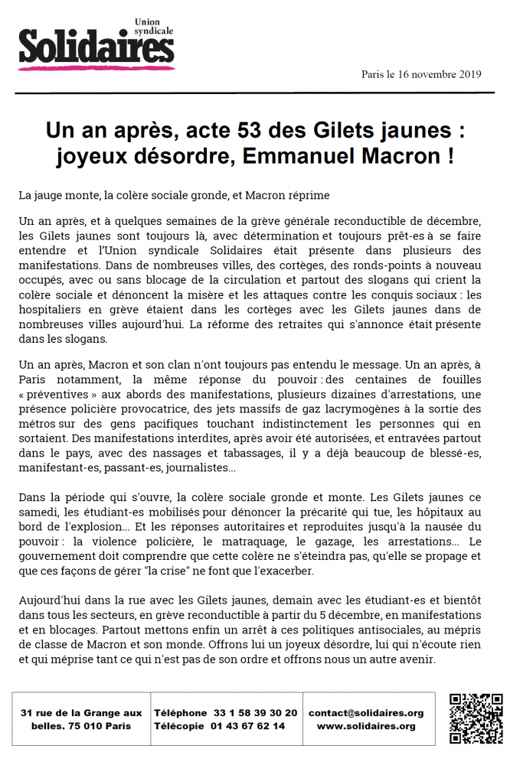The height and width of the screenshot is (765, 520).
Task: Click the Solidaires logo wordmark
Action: point(96,47)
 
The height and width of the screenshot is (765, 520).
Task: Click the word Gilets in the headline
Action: point(349,131)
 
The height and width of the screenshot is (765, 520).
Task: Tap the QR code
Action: point(476,718)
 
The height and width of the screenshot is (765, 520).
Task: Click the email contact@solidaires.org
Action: point(366,712)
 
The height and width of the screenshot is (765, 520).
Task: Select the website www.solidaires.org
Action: point(366,726)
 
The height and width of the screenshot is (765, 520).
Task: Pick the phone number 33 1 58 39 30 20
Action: point(257,712)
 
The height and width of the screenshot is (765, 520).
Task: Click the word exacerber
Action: point(282,570)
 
